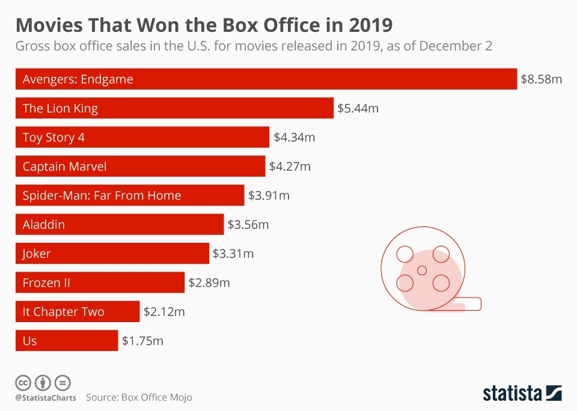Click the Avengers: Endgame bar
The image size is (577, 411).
coord(266,79)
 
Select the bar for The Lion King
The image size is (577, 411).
coord(174,108)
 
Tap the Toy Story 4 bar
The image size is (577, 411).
coord(142,137)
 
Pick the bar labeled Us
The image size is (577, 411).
coord(66,341)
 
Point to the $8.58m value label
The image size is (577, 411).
coord(541,79)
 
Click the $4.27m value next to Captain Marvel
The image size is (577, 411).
coord(290,166)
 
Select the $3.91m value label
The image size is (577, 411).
coord(269,195)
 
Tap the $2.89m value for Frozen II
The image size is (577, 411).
coord(209,282)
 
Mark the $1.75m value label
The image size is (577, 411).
coord(143,341)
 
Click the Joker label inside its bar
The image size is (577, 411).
coord(37,254)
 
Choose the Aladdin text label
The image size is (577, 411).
coord(44,225)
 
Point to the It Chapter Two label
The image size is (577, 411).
coord(63,312)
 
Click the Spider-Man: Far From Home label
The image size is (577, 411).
coord(102,195)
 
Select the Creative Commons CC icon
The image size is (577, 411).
coord(23,382)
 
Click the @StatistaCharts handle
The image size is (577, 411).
coord(45,398)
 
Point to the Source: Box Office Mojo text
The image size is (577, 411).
coord(139,398)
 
